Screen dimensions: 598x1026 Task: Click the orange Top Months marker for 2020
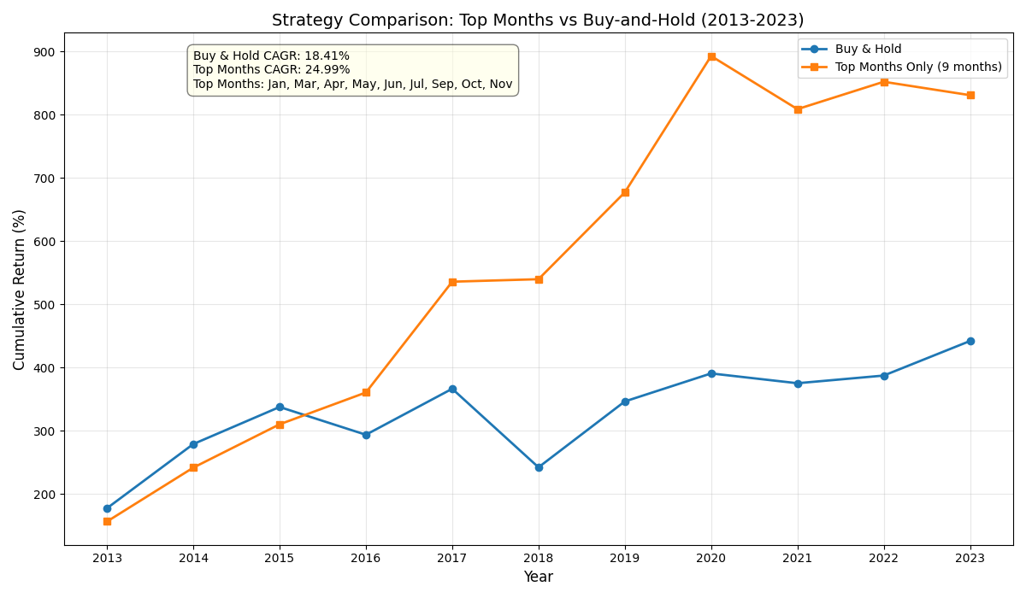711,56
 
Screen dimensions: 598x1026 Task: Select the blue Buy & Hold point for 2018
539,467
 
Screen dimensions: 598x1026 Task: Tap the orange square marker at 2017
452,282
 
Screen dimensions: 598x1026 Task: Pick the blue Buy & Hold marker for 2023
970,341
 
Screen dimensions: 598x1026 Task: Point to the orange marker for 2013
107,521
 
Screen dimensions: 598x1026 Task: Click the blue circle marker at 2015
280,407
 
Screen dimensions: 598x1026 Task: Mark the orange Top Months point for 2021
798,109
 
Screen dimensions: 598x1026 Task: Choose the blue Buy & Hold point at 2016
366,435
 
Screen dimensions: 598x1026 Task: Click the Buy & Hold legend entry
868,50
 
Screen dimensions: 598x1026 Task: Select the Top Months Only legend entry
917,67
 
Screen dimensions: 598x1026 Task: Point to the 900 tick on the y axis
44,52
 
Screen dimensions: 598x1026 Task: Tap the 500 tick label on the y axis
44,305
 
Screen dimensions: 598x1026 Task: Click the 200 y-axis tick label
44,495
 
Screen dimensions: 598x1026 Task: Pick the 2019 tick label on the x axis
625,559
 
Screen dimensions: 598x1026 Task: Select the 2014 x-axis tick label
193,559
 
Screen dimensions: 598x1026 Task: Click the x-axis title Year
538,577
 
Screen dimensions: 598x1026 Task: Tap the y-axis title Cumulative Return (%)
20,290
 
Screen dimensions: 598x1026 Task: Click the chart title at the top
538,21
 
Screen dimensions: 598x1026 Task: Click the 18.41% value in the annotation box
327,56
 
